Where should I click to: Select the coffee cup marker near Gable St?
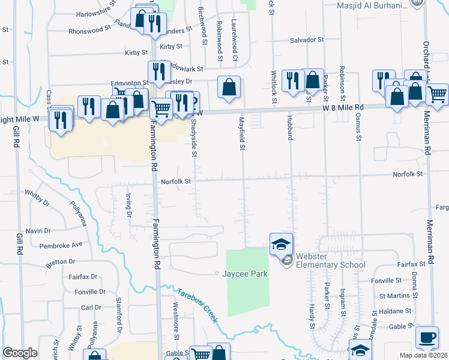[x=427, y=337]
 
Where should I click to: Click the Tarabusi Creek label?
[x=196, y=305]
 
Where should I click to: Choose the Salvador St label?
[x=307, y=40]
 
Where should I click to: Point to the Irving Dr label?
[x=128, y=204]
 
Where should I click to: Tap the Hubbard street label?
[x=289, y=129]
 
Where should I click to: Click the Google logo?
[x=20, y=353]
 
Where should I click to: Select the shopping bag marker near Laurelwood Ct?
[x=229, y=87]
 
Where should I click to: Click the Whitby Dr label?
[x=37, y=199]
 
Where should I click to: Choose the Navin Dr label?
[x=38, y=231]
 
